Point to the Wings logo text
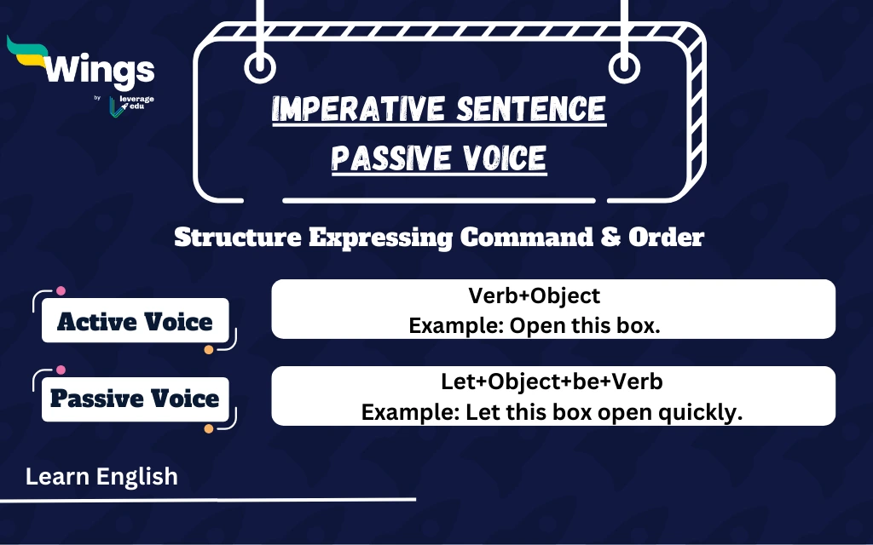click(x=101, y=70)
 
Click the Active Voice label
click(x=135, y=322)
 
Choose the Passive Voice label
click(x=135, y=399)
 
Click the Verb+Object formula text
click(x=535, y=295)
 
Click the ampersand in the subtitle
click(x=610, y=238)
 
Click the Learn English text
click(x=101, y=477)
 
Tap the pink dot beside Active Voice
click(x=61, y=290)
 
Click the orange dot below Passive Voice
click(x=209, y=427)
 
